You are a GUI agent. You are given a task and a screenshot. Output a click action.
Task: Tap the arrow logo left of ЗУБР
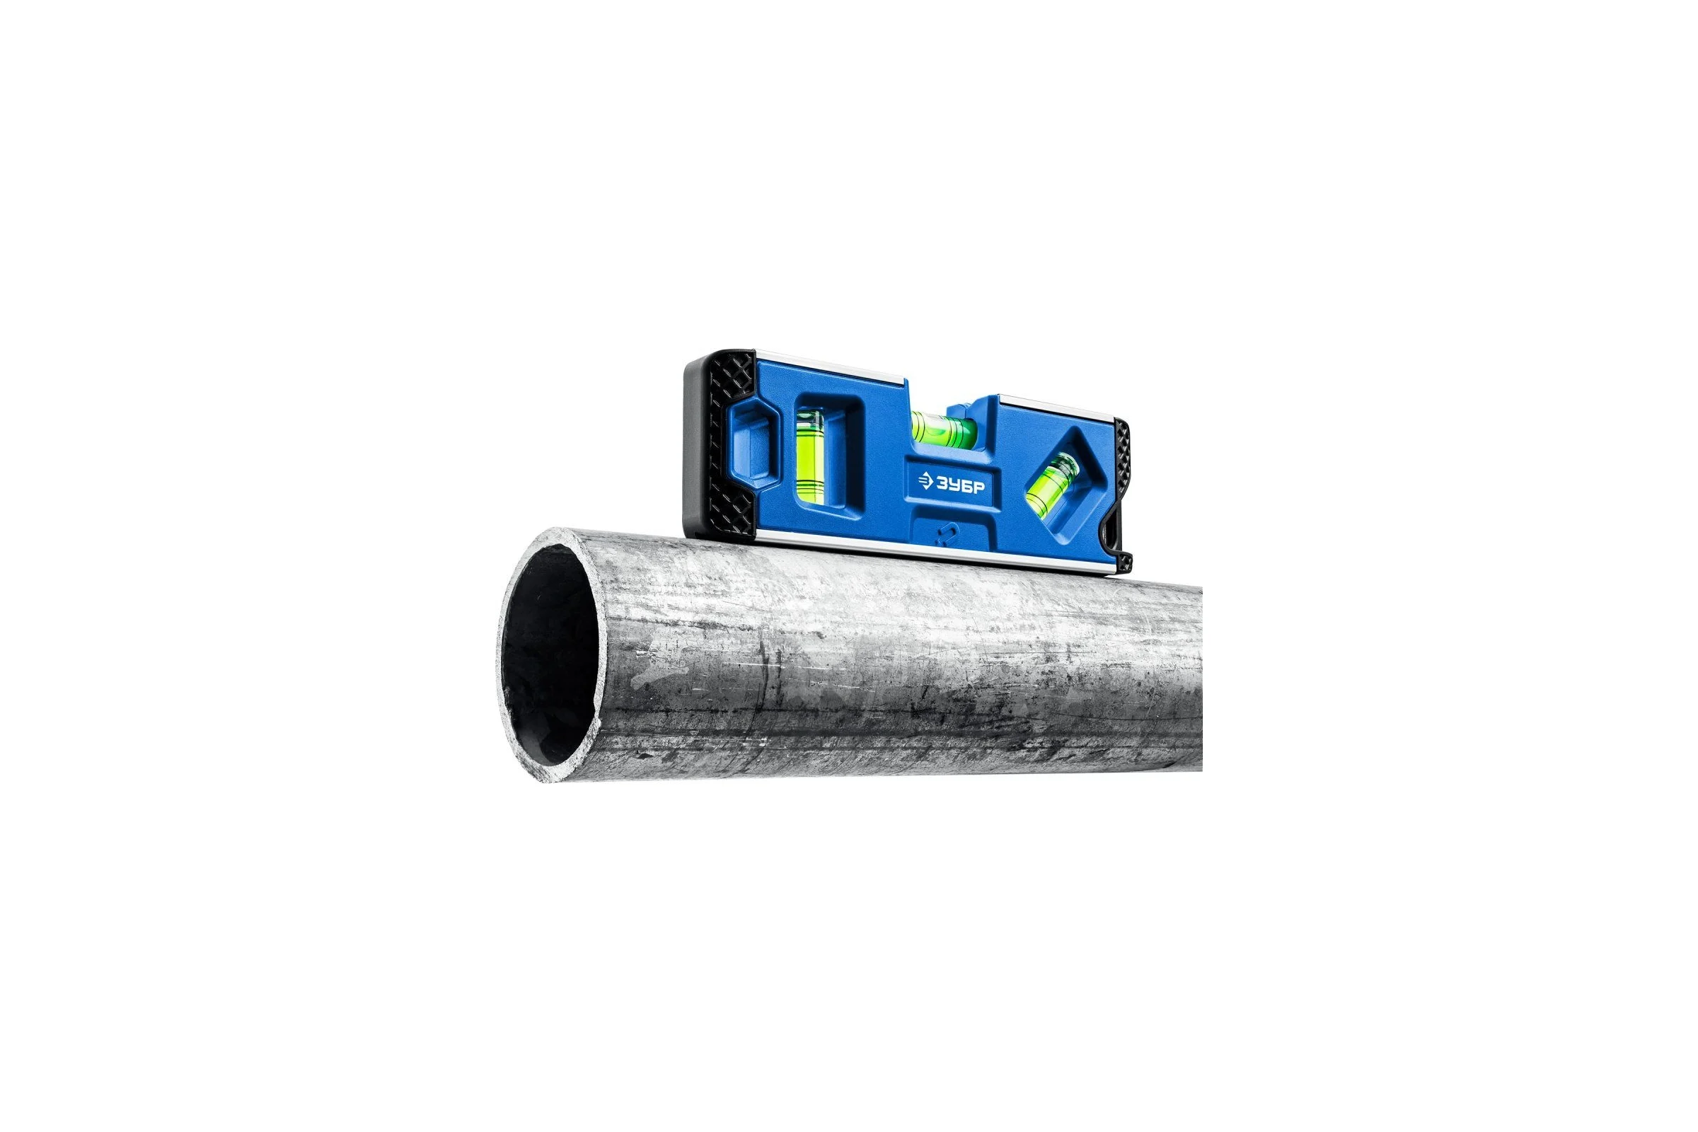925,480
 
